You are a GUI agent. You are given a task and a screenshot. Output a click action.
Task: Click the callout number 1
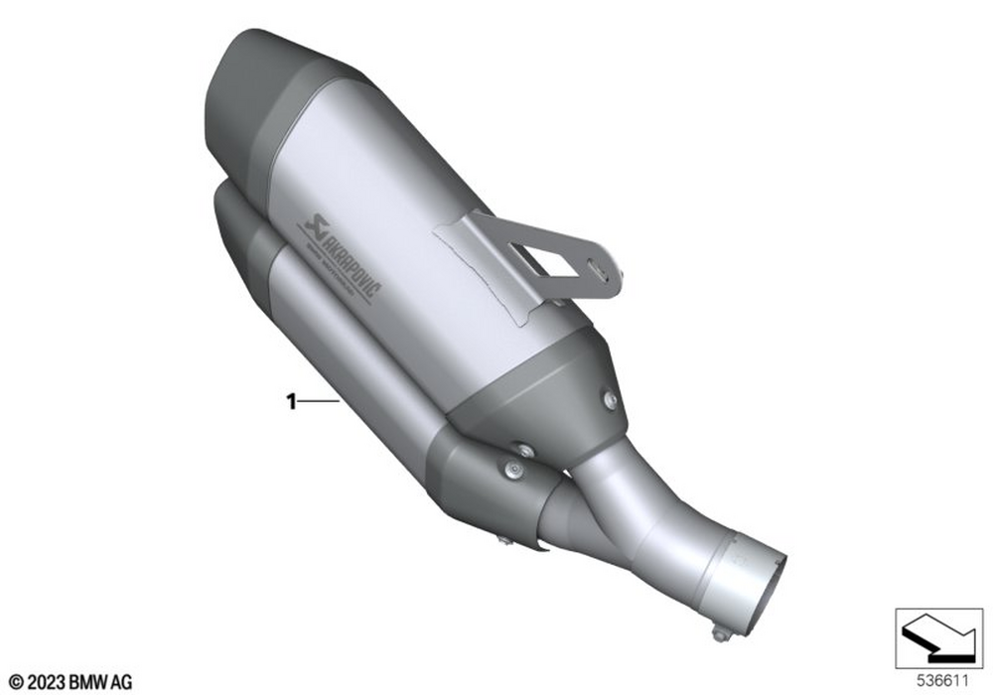pos(290,401)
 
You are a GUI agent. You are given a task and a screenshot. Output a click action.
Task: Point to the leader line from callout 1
pos(318,401)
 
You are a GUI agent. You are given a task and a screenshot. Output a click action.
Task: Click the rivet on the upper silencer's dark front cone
pos(610,400)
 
